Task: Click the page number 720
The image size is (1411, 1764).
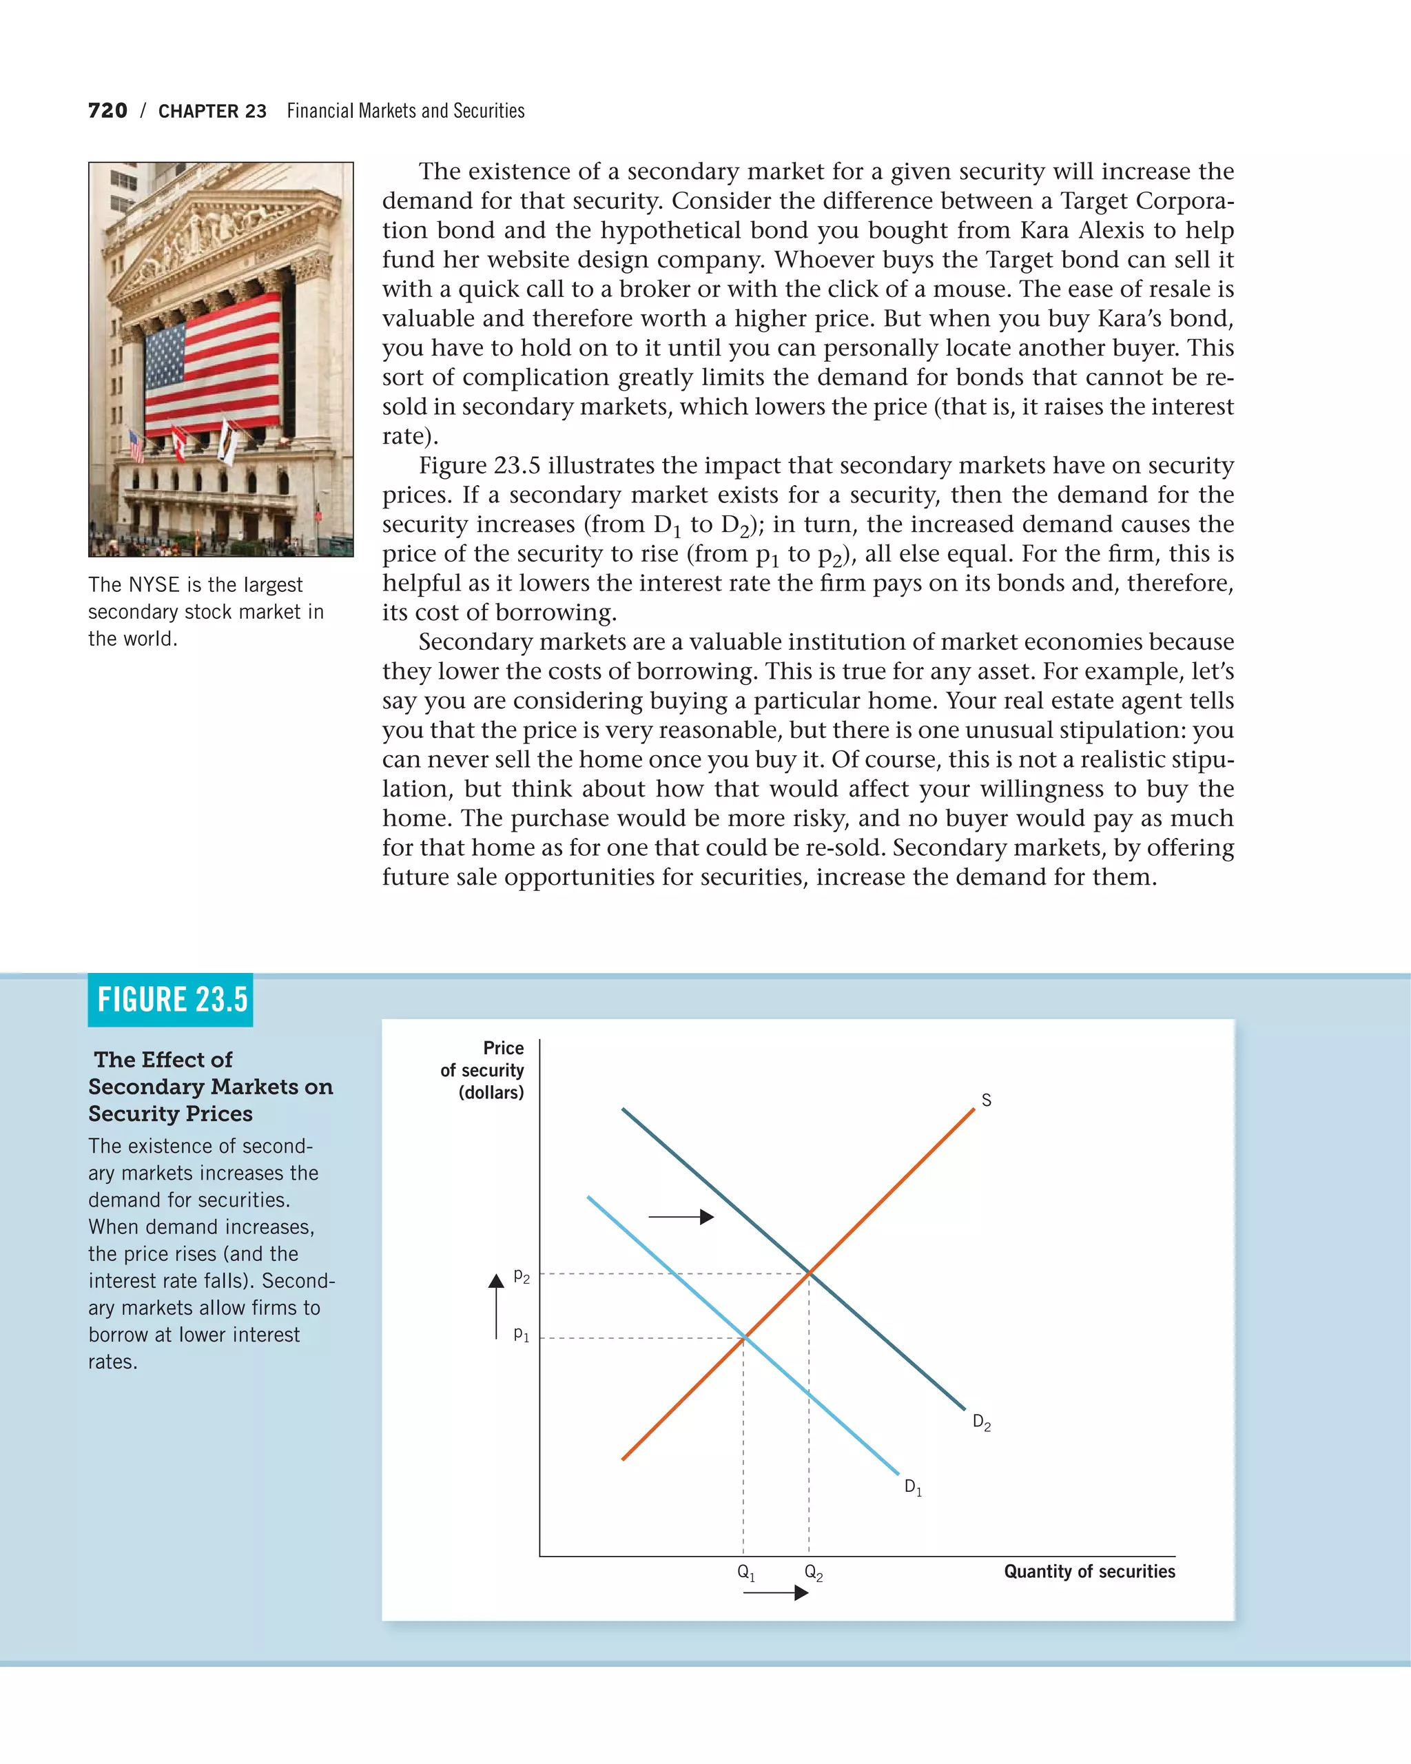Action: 107,110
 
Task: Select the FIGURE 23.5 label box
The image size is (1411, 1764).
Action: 171,999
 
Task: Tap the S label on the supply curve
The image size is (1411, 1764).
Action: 987,1100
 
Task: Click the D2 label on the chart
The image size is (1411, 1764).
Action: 982,1422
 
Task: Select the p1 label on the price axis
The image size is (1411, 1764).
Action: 521,1335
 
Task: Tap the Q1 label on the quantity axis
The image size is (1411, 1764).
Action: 746,1572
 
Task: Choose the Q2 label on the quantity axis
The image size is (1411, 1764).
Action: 813,1572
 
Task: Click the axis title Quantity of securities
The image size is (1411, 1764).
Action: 1089,1571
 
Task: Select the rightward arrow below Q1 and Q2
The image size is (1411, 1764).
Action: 776,1593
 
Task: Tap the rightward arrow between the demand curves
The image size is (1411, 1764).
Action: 681,1217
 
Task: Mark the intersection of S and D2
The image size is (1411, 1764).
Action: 809,1273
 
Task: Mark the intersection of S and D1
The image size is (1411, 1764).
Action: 744,1337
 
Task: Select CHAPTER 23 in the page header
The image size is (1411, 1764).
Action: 212,111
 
